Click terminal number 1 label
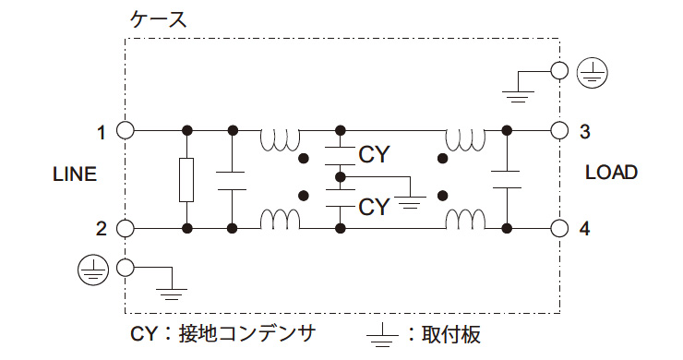point(102,132)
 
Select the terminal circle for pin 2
point(126,228)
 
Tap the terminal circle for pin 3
point(558,130)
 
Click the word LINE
point(74,175)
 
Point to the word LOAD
point(611,173)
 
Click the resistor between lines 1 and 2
point(187,179)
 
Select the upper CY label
point(374,154)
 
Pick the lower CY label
point(374,206)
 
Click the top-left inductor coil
point(280,139)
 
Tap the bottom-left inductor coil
point(280,221)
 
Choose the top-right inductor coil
point(465,139)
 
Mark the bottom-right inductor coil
point(465,221)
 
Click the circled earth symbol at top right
point(589,70)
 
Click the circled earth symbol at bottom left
point(90,268)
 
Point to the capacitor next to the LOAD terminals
point(506,179)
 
